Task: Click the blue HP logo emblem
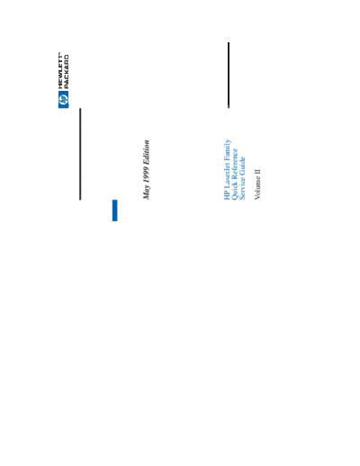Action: pyautogui.click(x=63, y=100)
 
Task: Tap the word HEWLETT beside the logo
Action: pyautogui.click(x=60, y=71)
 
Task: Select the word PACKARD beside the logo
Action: pyautogui.click(x=67, y=72)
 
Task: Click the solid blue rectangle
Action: pyautogui.click(x=115, y=211)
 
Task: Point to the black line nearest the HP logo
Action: pyautogui.click(x=80, y=154)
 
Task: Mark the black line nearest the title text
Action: pyautogui.click(x=229, y=75)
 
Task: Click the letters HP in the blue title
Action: pyautogui.click(x=227, y=195)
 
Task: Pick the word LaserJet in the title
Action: pyautogui.click(x=227, y=175)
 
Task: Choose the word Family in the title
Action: pyautogui.click(x=228, y=149)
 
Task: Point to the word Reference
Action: pyautogui.click(x=235, y=165)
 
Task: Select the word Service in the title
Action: pyautogui.click(x=242, y=189)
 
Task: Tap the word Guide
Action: pyautogui.click(x=242, y=167)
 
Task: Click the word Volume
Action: pyautogui.click(x=257, y=187)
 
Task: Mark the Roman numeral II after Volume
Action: pyautogui.click(x=257, y=172)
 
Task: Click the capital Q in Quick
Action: pyautogui.click(x=235, y=196)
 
